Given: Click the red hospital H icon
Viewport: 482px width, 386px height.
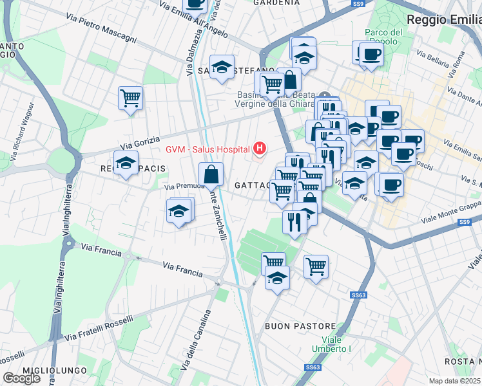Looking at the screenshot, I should point(260,149).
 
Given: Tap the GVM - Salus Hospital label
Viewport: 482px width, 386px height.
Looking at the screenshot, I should point(207,149).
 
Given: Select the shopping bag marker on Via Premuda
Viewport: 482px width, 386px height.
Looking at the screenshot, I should point(211,174).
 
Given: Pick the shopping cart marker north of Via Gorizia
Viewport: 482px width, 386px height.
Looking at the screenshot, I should point(130,99).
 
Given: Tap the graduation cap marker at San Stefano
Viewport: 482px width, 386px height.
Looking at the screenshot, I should point(222,68).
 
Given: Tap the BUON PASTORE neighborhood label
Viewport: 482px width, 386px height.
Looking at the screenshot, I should point(300,326).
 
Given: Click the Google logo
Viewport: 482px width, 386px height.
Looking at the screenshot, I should point(21,378).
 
